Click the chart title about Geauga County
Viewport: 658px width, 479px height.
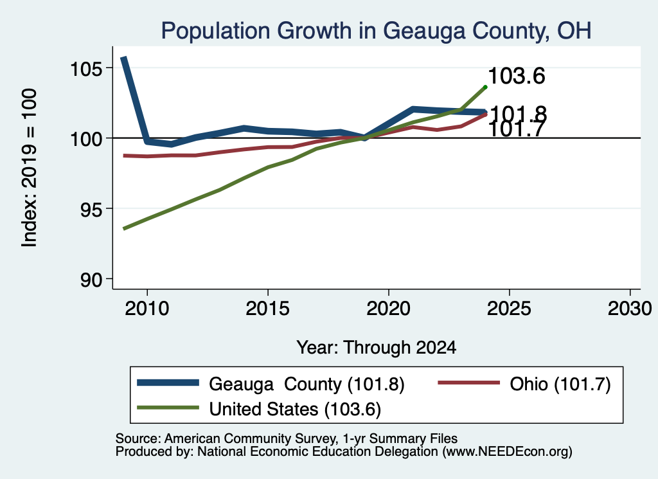376,31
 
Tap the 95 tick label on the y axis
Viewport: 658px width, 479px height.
91,209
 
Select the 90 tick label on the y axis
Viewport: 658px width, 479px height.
91,280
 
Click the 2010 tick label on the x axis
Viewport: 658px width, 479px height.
147,309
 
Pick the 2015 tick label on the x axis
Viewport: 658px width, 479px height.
268,309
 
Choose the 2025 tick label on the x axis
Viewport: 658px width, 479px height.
509,309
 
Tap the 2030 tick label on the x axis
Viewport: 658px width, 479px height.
630,309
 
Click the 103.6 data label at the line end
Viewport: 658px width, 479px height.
517,76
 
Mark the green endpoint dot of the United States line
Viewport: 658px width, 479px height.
486,87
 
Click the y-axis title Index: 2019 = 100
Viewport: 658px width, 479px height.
30,168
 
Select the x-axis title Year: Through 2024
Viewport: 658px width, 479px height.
377,348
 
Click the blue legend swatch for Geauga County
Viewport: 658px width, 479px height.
168,383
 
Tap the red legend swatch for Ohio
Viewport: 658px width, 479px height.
468,383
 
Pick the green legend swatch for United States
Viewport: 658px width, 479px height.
168,408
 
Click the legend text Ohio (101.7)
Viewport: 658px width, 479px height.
560,384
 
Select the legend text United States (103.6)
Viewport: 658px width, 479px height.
295,410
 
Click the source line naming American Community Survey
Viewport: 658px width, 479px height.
286,438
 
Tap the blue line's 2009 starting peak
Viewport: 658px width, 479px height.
124,59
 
